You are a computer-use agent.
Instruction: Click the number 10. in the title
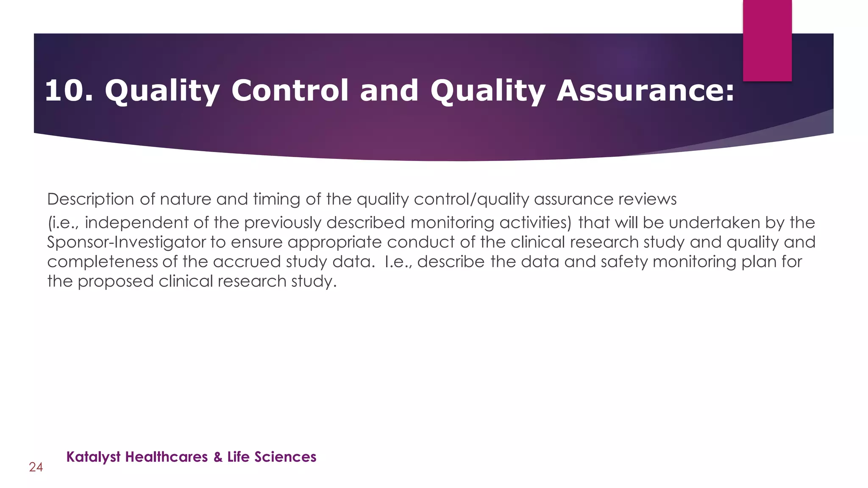point(69,91)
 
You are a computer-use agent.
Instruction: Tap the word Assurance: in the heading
point(645,91)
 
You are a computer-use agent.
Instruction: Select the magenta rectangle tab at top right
point(767,40)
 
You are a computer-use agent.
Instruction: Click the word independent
point(136,223)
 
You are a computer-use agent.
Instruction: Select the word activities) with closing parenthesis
point(536,223)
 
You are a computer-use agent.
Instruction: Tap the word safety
point(624,262)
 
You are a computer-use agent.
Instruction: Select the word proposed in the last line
point(116,282)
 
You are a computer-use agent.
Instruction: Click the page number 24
point(36,467)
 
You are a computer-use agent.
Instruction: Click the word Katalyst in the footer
point(94,457)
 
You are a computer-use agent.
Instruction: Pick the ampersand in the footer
point(218,457)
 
